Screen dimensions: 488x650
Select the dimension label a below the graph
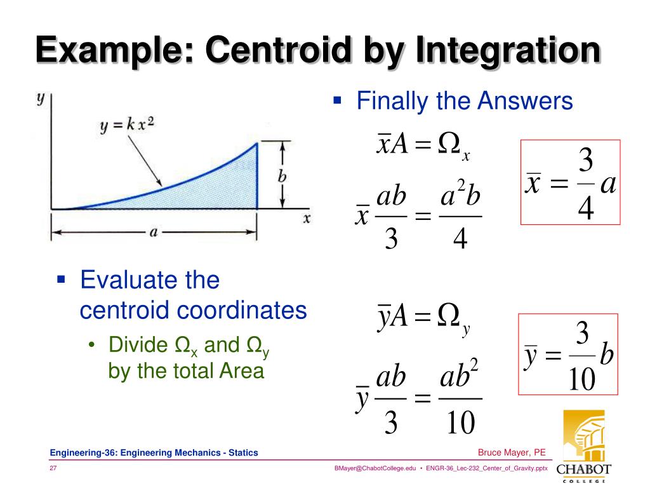pos(153,233)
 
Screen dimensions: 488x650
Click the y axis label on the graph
pos(41,98)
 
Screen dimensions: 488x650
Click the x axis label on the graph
pos(307,218)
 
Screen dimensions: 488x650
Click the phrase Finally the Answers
pos(465,101)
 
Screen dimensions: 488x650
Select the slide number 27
pos(54,468)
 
